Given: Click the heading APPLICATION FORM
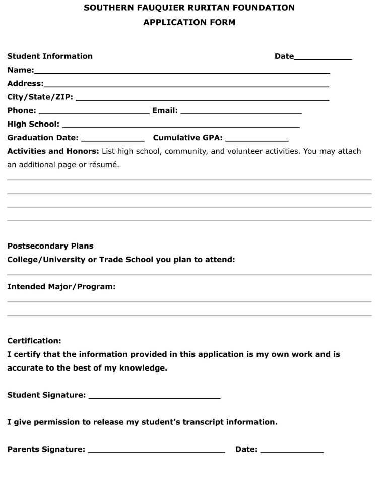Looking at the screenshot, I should [x=189, y=22].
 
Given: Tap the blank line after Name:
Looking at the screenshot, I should [x=181, y=72].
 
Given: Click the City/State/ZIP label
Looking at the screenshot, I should [x=40, y=97].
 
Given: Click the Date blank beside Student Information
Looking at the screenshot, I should [x=322, y=59].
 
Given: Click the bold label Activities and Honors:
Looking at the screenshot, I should [x=53, y=151].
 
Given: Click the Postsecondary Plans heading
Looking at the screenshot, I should [x=50, y=246].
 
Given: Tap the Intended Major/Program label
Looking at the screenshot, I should [x=61, y=287].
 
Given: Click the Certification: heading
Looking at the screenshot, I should [x=34, y=341].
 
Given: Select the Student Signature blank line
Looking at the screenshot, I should [x=154, y=398].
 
